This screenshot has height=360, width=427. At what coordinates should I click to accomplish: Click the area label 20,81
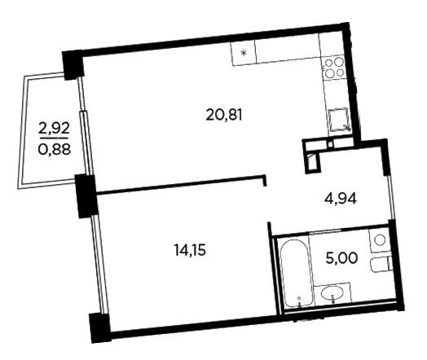pyautogui.click(x=224, y=115)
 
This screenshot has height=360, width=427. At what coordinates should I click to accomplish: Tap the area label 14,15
pyautogui.click(x=190, y=251)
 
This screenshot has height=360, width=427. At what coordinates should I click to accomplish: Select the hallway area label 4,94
pyautogui.click(x=340, y=200)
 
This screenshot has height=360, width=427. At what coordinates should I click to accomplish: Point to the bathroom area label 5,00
pyautogui.click(x=341, y=257)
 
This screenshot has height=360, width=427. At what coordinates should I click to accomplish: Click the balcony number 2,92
pyautogui.click(x=55, y=129)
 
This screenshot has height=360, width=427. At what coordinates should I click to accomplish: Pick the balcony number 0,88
pyautogui.click(x=55, y=149)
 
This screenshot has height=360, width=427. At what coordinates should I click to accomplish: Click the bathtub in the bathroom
pyautogui.click(x=296, y=273)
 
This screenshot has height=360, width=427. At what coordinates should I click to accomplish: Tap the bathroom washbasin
pyautogui.click(x=332, y=293)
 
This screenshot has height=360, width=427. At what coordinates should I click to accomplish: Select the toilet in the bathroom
pyautogui.click(x=381, y=265)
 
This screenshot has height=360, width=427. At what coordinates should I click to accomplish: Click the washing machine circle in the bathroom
pyautogui.click(x=380, y=240)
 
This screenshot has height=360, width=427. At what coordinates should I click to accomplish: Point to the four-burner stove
pyautogui.click(x=334, y=68)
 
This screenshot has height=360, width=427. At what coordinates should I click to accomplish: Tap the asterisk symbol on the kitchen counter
pyautogui.click(x=244, y=53)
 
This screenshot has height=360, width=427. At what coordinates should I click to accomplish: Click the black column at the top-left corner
pyautogui.click(x=73, y=65)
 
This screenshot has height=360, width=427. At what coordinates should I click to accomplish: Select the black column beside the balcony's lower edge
pyautogui.click(x=86, y=196)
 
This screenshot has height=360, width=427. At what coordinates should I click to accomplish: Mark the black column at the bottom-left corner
pyautogui.click(x=100, y=327)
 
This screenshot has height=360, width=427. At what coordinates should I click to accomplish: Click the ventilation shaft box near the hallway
pyautogui.click(x=312, y=156)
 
